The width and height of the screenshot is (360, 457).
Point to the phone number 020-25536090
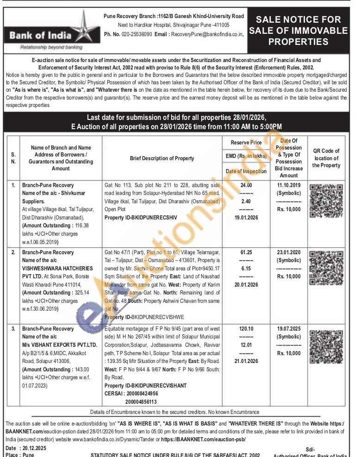pyautogui.click(x=135, y=34)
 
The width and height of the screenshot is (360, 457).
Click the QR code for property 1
pyautogui.click(x=326, y=201)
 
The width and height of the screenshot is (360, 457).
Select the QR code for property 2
pyautogui.click(x=326, y=268)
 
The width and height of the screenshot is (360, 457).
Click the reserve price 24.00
pyautogui.click(x=246, y=185)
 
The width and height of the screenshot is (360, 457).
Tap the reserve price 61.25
pyautogui.click(x=246, y=252)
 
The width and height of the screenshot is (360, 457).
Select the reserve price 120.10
pyautogui.click(x=246, y=329)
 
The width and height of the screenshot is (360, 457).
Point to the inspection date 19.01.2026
pyautogui.click(x=246, y=216)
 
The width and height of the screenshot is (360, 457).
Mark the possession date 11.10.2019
pyautogui.click(x=289, y=185)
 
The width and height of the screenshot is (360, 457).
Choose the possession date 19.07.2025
pyautogui.click(x=289, y=329)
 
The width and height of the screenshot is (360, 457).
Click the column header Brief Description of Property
pyautogui.click(x=162, y=158)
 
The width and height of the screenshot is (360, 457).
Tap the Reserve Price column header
pyautogui.click(x=246, y=143)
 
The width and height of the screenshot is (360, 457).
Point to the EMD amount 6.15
pyautogui.click(x=246, y=268)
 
